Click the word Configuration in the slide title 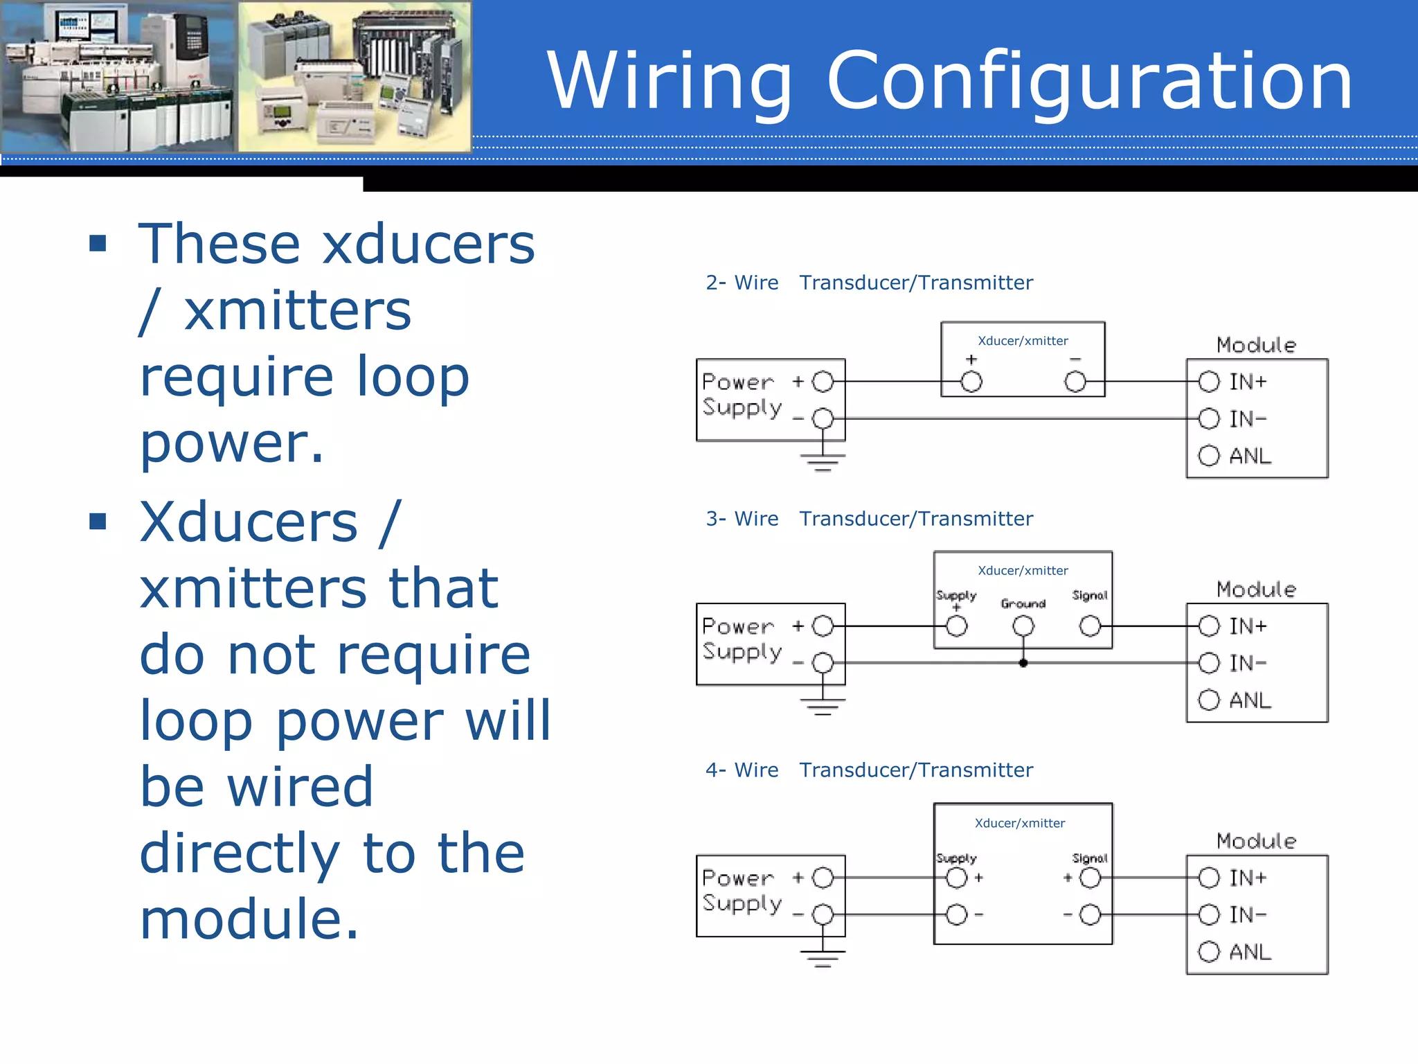point(1090,82)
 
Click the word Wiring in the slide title point(669,82)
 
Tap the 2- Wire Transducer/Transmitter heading point(869,283)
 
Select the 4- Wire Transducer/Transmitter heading point(869,770)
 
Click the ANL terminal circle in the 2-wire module point(1209,456)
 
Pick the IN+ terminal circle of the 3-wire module point(1209,626)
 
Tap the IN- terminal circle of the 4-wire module point(1209,915)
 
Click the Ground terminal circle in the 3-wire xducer point(1023,627)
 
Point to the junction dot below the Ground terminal point(1023,663)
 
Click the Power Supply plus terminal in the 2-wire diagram point(823,382)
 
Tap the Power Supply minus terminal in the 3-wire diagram point(823,663)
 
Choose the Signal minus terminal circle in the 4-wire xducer point(1090,915)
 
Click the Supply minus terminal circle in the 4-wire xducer point(957,915)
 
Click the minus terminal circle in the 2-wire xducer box point(1075,382)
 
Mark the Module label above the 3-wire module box point(1256,589)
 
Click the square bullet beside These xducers point(98,243)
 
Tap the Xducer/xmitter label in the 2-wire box point(1023,341)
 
